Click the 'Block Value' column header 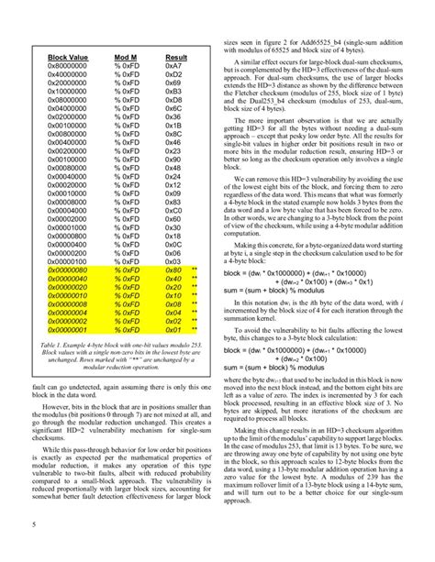[57, 57]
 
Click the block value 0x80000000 [57, 67]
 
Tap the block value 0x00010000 [57, 193]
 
